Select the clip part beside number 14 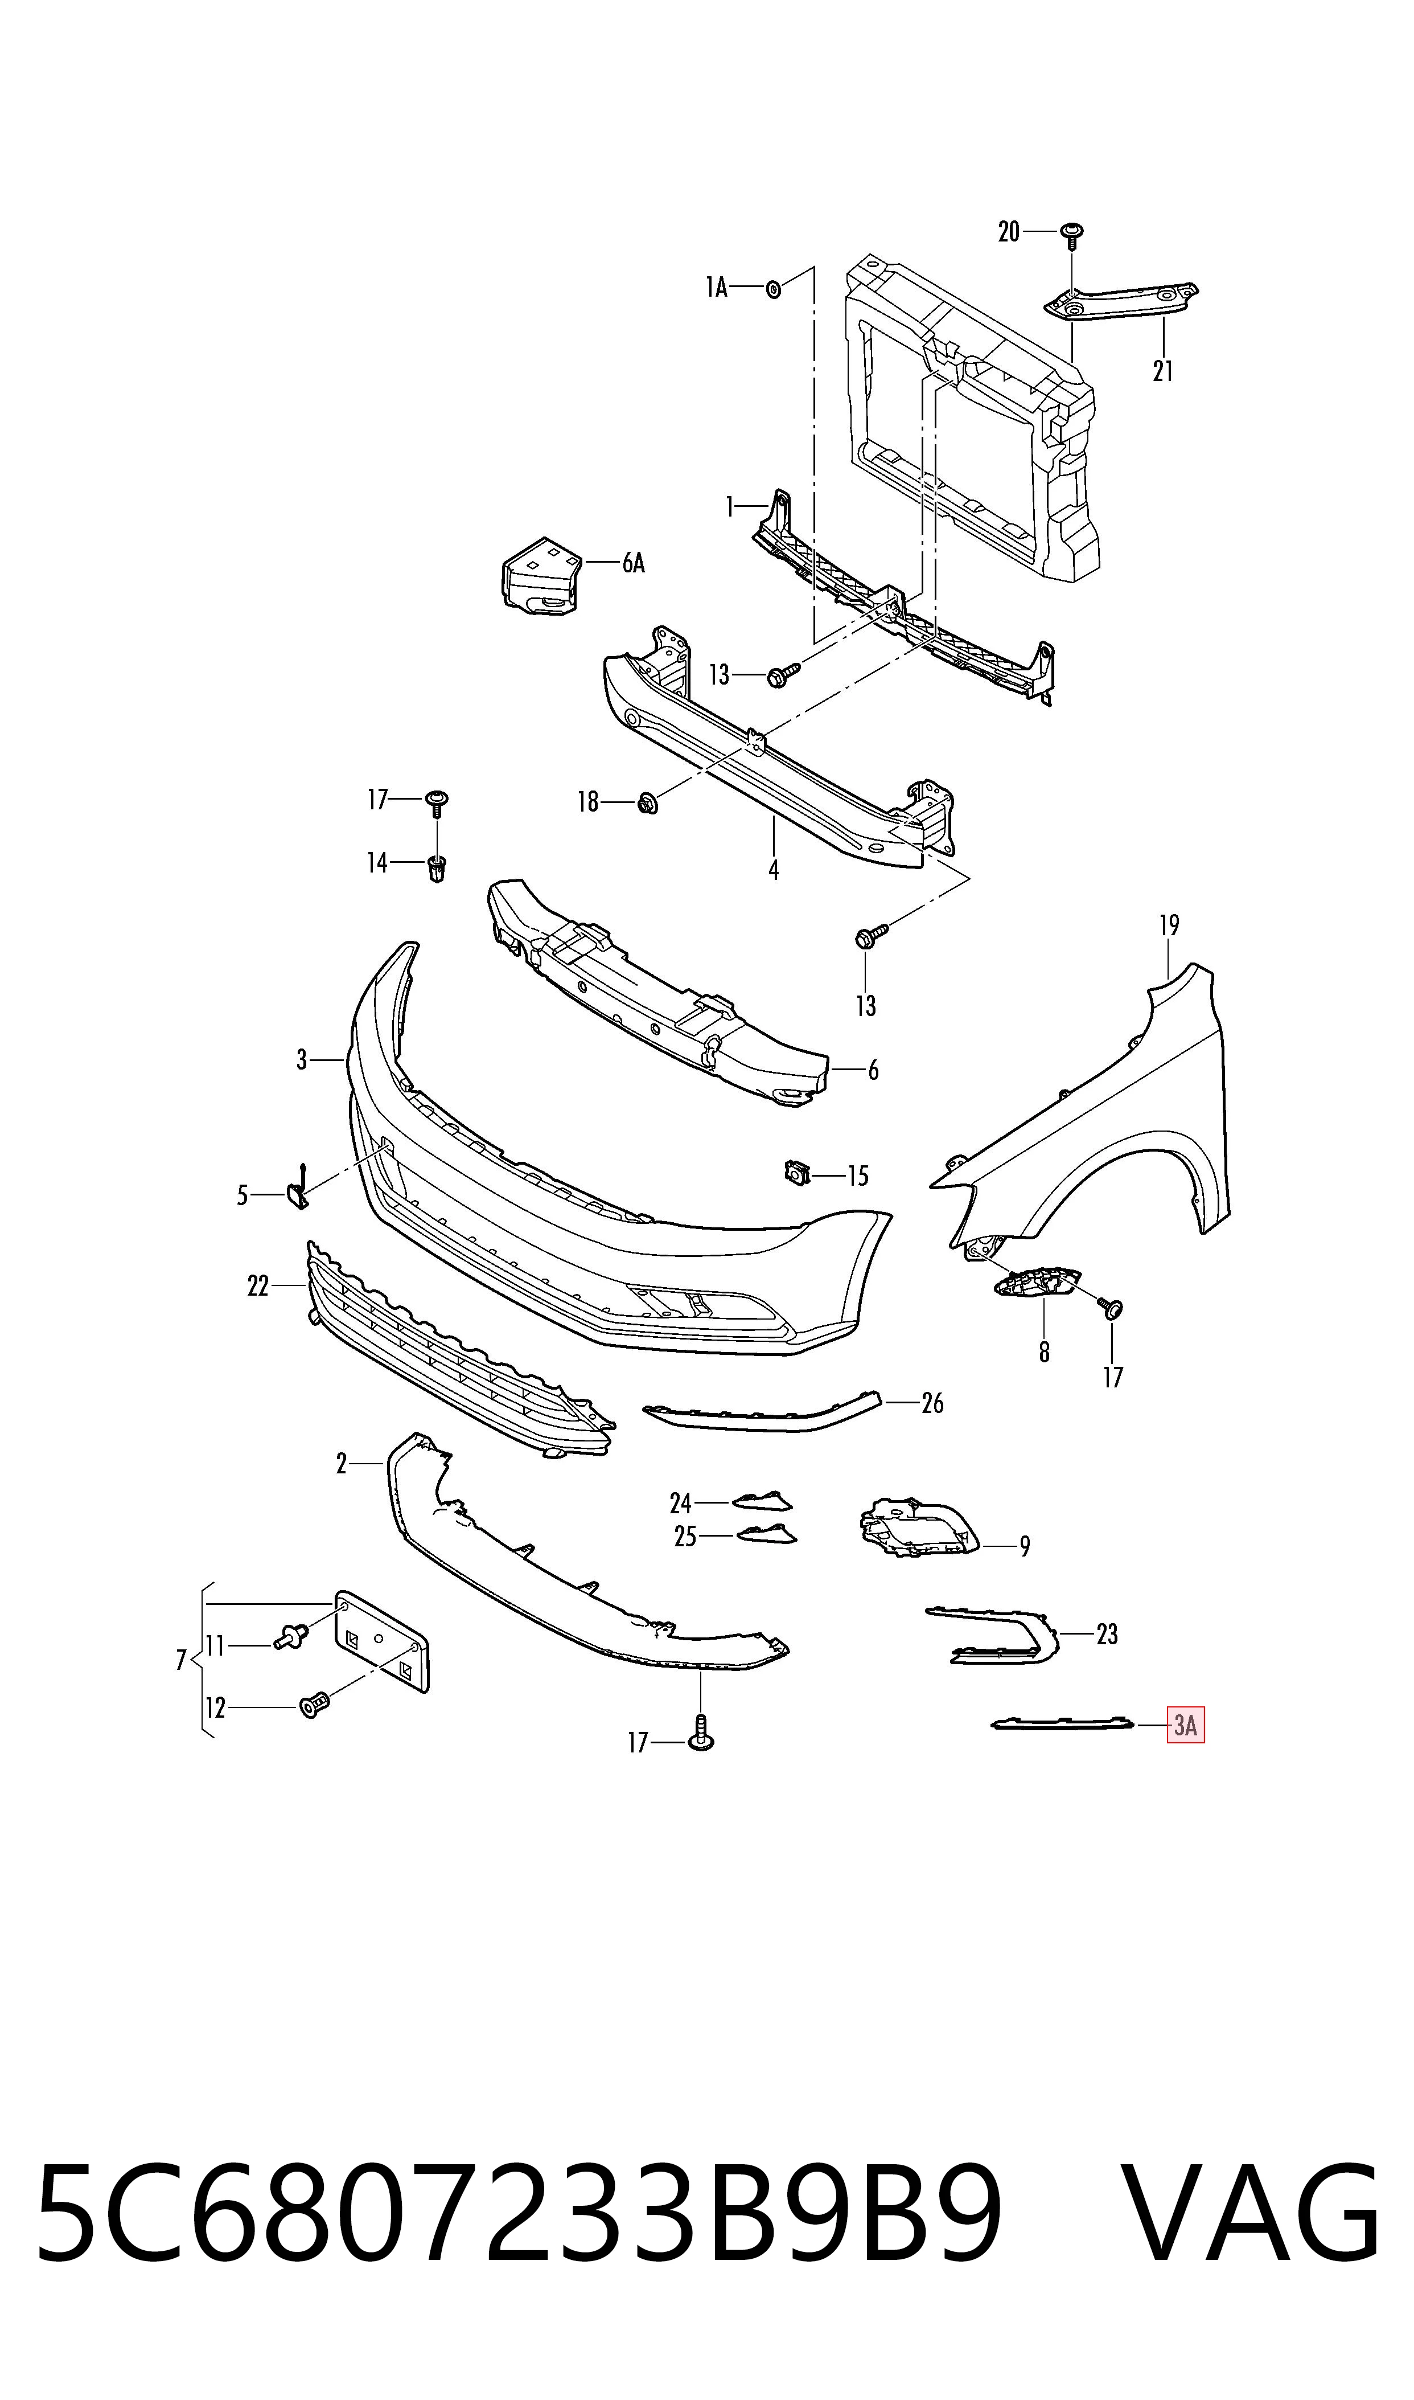pos(437,869)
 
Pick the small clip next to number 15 pos(796,1172)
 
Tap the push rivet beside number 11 pos(291,1636)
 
